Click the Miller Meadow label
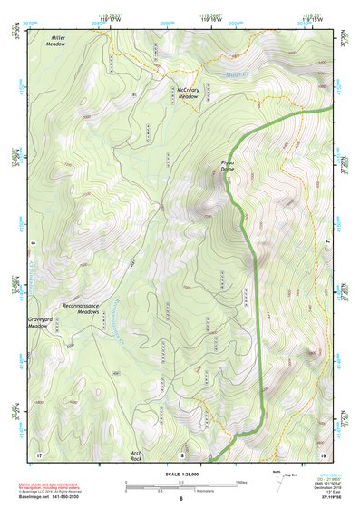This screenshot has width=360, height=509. coord(56,40)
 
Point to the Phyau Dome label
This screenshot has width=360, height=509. coord(228,167)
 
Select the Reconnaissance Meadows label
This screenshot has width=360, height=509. coord(87,308)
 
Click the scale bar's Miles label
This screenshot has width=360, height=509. coord(242,482)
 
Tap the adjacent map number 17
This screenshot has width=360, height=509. coord(38,454)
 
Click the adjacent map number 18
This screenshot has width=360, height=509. coord(180,454)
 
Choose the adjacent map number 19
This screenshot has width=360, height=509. coord(322,454)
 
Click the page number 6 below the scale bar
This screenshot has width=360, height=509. coord(180,499)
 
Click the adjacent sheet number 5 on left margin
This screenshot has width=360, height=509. coord(33,243)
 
